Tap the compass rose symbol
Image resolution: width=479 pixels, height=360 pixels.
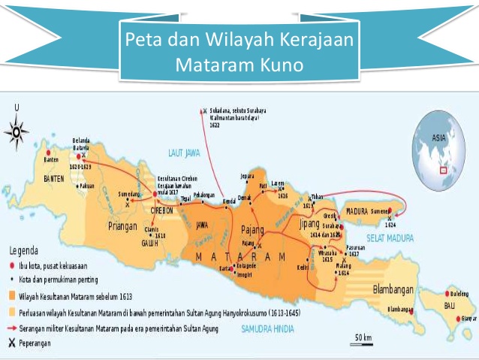17,133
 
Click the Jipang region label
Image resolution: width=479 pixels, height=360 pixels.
309,223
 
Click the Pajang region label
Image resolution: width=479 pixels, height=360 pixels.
253,229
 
